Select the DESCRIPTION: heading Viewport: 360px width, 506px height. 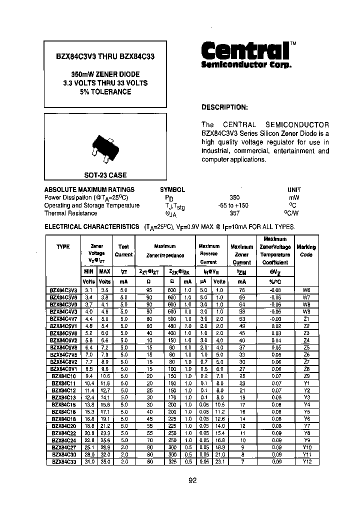224,107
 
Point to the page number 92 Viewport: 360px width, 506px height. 193,480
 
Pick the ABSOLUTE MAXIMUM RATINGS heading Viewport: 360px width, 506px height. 89,189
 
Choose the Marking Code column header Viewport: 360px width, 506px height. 306,250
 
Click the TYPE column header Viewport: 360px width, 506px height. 63,246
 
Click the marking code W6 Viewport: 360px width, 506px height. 306,289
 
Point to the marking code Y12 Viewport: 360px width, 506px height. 306,461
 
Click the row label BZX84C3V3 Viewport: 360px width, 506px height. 63,289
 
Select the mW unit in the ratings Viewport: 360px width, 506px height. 294,197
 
